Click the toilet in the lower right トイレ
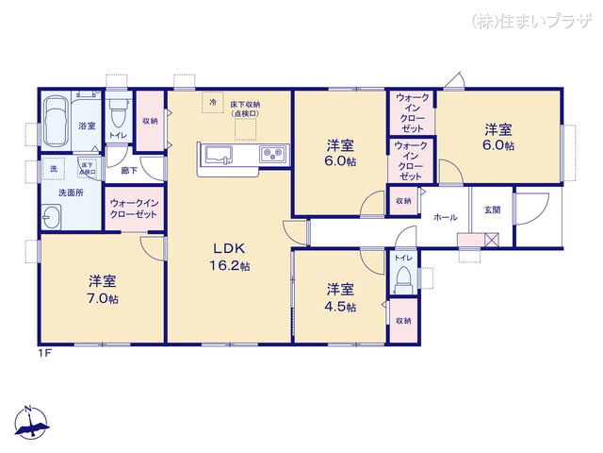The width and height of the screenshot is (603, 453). coord(402,278)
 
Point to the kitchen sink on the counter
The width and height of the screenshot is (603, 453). coord(217,154)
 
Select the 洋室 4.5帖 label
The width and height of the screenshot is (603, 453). coord(340,297)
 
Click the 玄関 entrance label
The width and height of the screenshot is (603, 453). coord(492,210)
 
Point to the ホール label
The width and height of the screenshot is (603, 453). coord(446,218)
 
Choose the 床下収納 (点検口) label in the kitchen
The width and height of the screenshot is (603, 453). coord(245,109)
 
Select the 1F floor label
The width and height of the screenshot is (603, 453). coord(43,353)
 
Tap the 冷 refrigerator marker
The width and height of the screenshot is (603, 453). coord(213,101)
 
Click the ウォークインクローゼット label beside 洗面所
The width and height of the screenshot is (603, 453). coord(135,208)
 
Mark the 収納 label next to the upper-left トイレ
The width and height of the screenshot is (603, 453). coord(150,121)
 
